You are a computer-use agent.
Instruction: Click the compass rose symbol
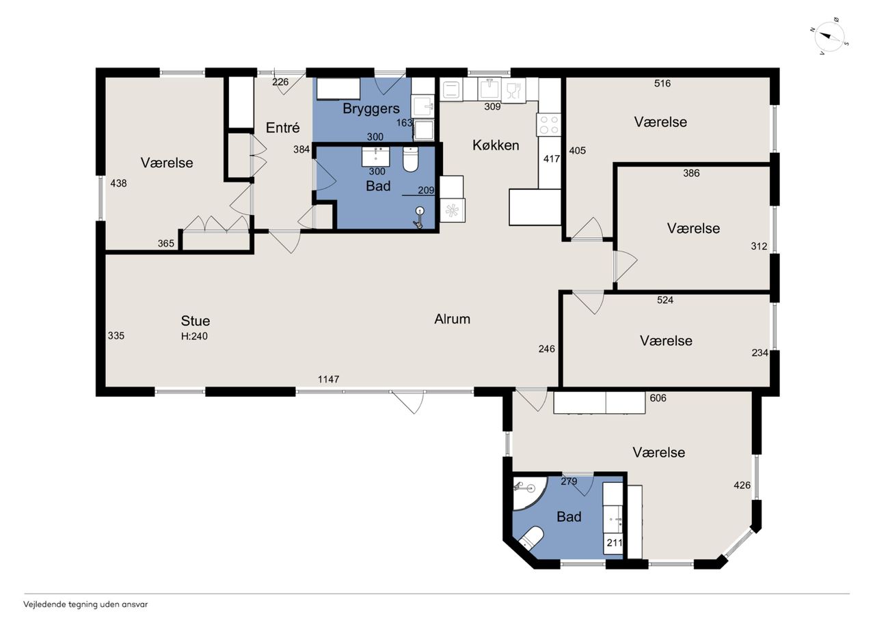(828, 36)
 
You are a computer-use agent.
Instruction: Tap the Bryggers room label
(371, 109)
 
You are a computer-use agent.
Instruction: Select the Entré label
(283, 128)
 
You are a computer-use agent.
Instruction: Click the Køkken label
(496, 145)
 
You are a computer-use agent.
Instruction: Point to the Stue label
(196, 321)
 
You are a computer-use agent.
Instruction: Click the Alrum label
(453, 319)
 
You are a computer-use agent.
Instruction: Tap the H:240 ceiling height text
(194, 336)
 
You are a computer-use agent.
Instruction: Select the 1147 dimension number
(329, 379)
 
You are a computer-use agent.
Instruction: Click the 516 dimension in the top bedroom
(662, 83)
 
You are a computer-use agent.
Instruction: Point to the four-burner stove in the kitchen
(548, 125)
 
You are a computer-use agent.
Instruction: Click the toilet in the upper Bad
(410, 159)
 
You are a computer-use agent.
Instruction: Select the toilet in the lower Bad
(532, 538)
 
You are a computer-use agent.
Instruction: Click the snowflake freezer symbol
(453, 211)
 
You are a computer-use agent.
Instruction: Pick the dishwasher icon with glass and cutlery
(513, 91)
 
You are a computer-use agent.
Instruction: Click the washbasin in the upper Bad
(376, 157)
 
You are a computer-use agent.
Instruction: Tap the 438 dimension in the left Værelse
(118, 184)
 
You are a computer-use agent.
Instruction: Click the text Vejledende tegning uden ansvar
(85, 604)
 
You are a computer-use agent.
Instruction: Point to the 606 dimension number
(658, 398)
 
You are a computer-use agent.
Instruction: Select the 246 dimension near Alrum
(546, 349)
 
